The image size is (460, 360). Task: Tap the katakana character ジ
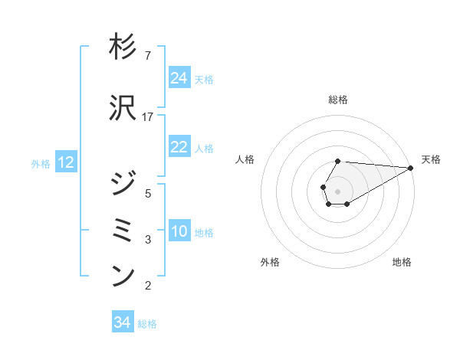point(123,185)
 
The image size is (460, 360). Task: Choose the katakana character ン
point(123,277)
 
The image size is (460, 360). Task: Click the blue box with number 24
point(179,78)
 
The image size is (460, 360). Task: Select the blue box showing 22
point(179,147)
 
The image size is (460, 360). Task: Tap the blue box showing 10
point(179,231)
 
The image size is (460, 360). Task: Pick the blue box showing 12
point(66,162)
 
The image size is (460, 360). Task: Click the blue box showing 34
point(123,322)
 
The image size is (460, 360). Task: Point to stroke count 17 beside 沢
point(149,116)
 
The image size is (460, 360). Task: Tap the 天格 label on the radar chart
point(431,159)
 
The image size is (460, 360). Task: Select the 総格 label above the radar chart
point(338,100)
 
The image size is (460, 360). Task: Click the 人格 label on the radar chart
point(245,159)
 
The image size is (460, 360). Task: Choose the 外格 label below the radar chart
point(270,262)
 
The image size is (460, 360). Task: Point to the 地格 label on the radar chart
point(402,262)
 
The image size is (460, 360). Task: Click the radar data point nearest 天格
point(411,168)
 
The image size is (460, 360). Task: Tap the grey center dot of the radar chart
point(337,190)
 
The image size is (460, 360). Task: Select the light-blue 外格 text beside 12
point(41,163)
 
